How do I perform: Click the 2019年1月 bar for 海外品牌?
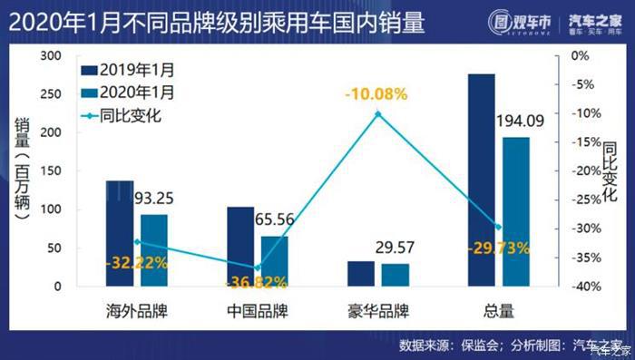119,233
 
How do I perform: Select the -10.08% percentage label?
376,94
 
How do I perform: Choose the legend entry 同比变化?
122,115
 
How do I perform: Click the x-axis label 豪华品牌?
378,311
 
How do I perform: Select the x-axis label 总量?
498,311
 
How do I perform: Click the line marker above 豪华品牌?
378,113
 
